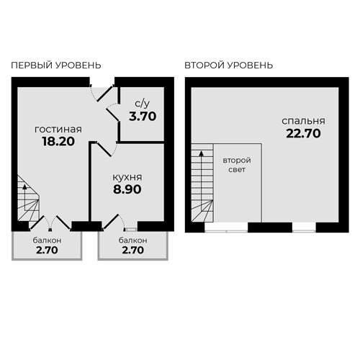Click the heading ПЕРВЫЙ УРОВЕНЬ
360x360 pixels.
click(x=56, y=65)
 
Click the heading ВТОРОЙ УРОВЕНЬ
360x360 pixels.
click(x=228, y=65)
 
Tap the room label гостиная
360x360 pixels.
click(x=58, y=130)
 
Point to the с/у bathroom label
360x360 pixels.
click(x=142, y=102)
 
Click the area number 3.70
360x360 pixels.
click(x=142, y=114)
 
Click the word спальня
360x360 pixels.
click(x=303, y=120)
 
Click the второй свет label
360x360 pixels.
click(x=236, y=165)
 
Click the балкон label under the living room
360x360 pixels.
click(x=47, y=240)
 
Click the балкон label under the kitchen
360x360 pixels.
click(x=133, y=240)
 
